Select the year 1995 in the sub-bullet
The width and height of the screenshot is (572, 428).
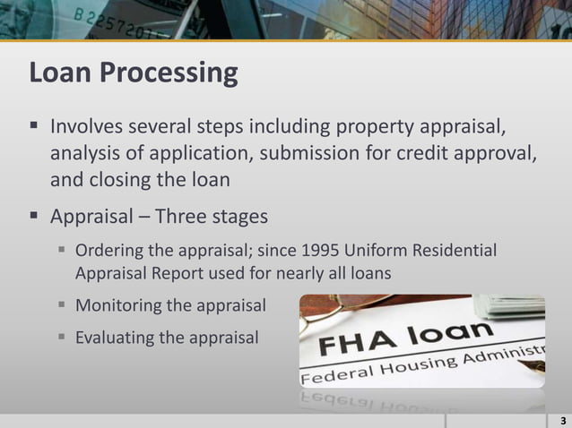click(328, 250)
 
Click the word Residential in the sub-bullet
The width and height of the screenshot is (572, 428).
click(456, 250)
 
